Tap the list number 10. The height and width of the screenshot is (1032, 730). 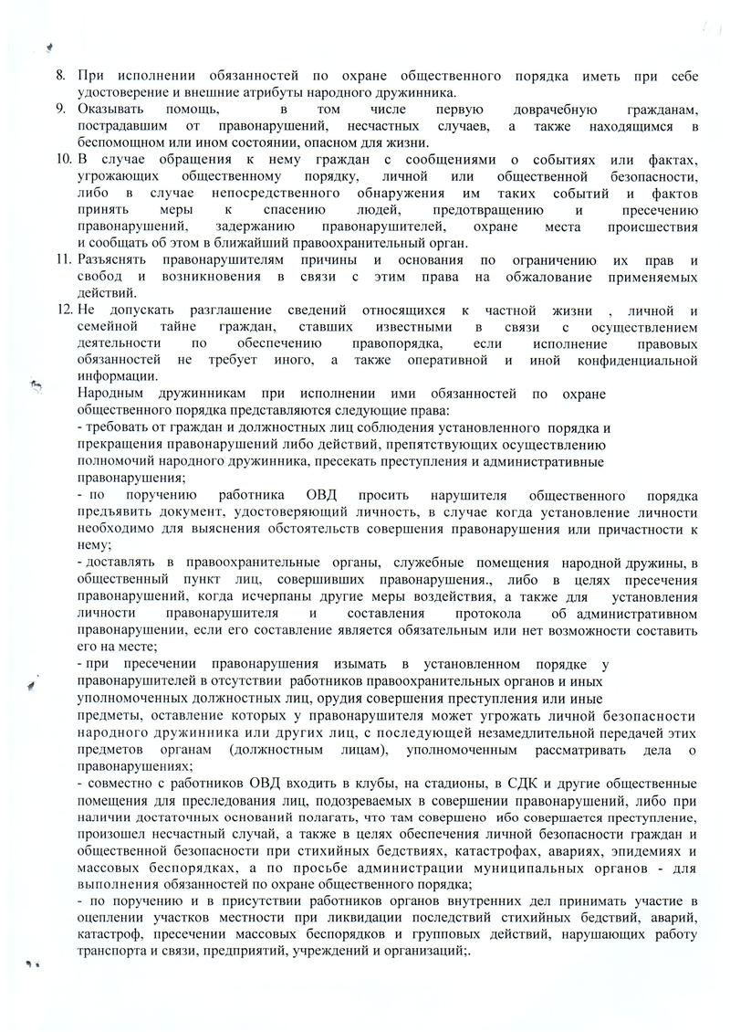62,159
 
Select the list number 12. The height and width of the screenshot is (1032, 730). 62,311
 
